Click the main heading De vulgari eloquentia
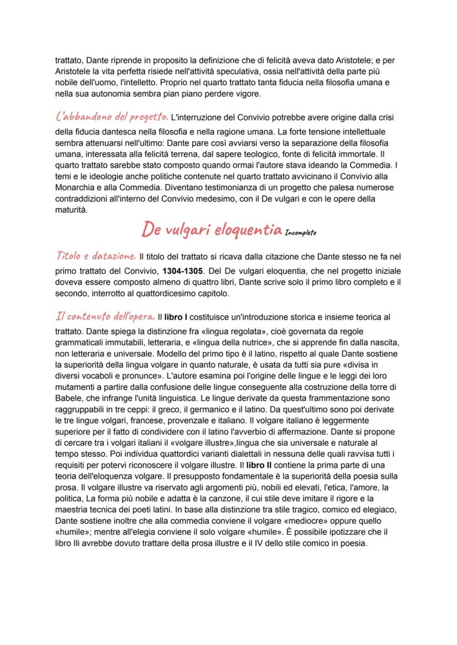211,229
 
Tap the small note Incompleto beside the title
301,233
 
